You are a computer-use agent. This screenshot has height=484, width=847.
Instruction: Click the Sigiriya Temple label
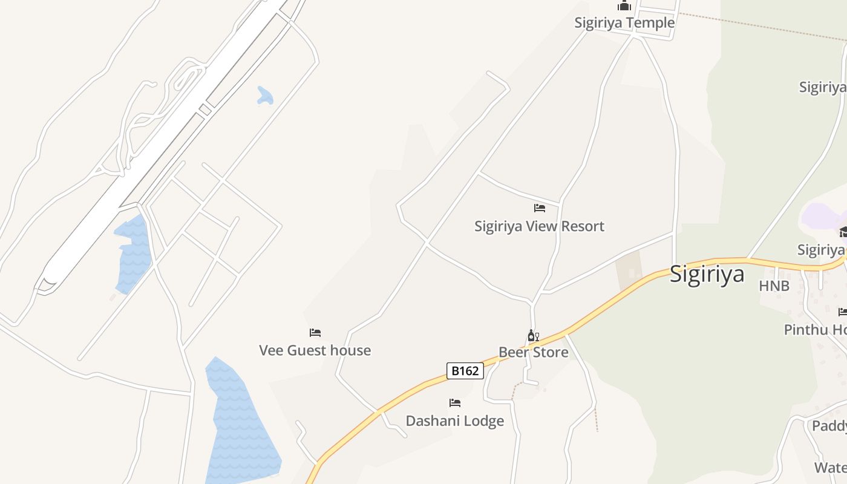pyautogui.click(x=624, y=23)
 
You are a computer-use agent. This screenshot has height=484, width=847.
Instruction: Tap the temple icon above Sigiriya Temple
pyautogui.click(x=624, y=6)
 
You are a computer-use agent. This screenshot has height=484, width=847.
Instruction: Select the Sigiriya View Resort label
pyautogui.click(x=539, y=226)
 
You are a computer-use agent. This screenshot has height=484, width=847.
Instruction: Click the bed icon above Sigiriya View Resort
pyautogui.click(x=540, y=208)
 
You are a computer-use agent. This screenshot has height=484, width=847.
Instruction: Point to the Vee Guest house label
pyautogui.click(x=315, y=350)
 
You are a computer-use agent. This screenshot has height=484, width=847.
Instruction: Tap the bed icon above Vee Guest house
pyautogui.click(x=315, y=333)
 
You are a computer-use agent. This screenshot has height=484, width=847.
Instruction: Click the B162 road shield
pyautogui.click(x=465, y=370)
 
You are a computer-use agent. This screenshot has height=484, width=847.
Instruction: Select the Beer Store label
pyautogui.click(x=533, y=352)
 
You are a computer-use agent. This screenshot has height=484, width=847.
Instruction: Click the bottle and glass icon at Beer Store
pyautogui.click(x=533, y=336)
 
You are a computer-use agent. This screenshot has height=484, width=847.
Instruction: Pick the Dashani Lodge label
pyautogui.click(x=454, y=420)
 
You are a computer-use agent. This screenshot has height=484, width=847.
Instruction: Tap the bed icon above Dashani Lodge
pyautogui.click(x=455, y=402)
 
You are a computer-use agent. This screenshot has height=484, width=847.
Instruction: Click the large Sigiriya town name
pyautogui.click(x=707, y=274)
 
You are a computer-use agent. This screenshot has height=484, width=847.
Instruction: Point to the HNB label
pyautogui.click(x=774, y=286)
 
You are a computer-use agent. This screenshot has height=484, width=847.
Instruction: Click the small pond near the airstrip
pyautogui.click(x=265, y=96)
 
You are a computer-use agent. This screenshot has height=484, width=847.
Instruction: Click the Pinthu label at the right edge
pyautogui.click(x=814, y=330)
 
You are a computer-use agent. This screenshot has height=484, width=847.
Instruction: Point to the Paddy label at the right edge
pyautogui.click(x=829, y=426)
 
